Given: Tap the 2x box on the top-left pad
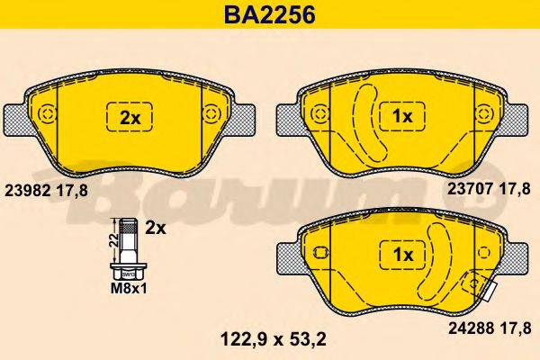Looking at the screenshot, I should (130, 117).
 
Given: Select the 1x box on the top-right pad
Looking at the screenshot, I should (401, 117).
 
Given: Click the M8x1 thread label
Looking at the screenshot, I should (126, 288).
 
